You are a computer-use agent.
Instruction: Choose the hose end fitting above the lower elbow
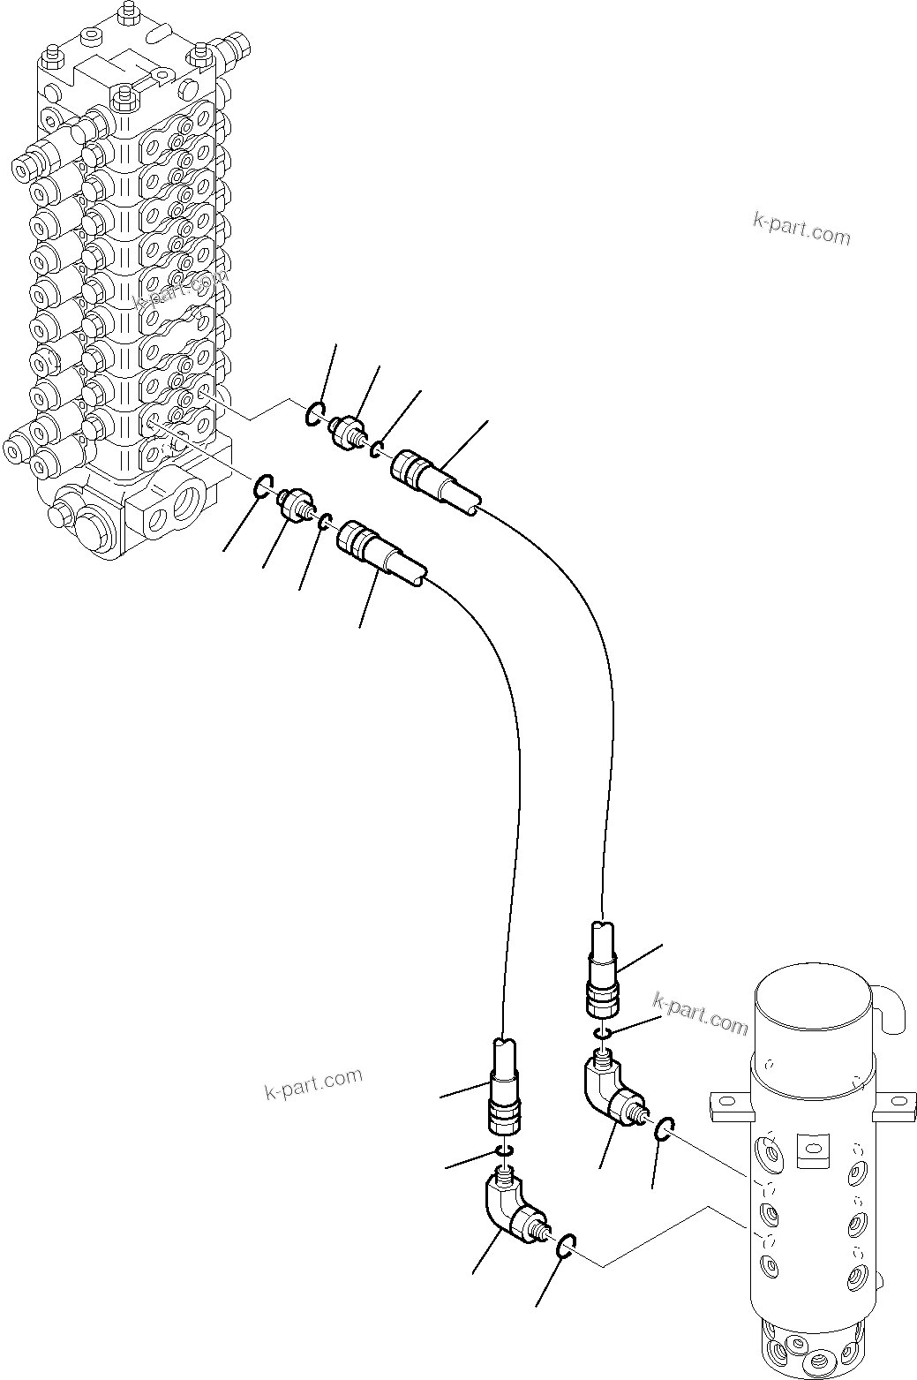pos(505,1090)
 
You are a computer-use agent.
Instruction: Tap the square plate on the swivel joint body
pos(812,1145)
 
